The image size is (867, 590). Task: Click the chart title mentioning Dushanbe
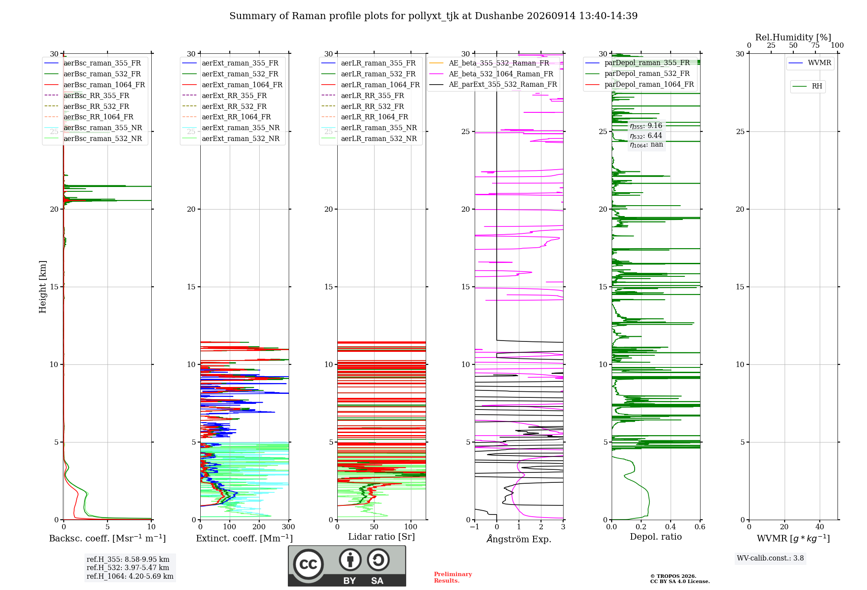[433, 16]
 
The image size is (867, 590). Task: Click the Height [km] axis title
[42, 286]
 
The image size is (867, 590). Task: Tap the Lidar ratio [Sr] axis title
[381, 537]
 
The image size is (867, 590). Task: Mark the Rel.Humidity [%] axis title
[793, 37]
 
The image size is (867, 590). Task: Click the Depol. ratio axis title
[656, 537]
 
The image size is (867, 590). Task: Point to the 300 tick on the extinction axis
[289, 527]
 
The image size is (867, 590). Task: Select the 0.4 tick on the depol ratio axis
[671, 527]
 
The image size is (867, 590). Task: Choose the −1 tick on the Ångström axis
[475, 527]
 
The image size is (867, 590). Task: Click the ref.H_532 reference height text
[128, 567]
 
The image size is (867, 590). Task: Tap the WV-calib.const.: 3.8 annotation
[770, 558]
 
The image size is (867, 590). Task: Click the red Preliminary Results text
[453, 577]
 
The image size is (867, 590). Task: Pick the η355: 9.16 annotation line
[646, 126]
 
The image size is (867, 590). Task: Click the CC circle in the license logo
[308, 564]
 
